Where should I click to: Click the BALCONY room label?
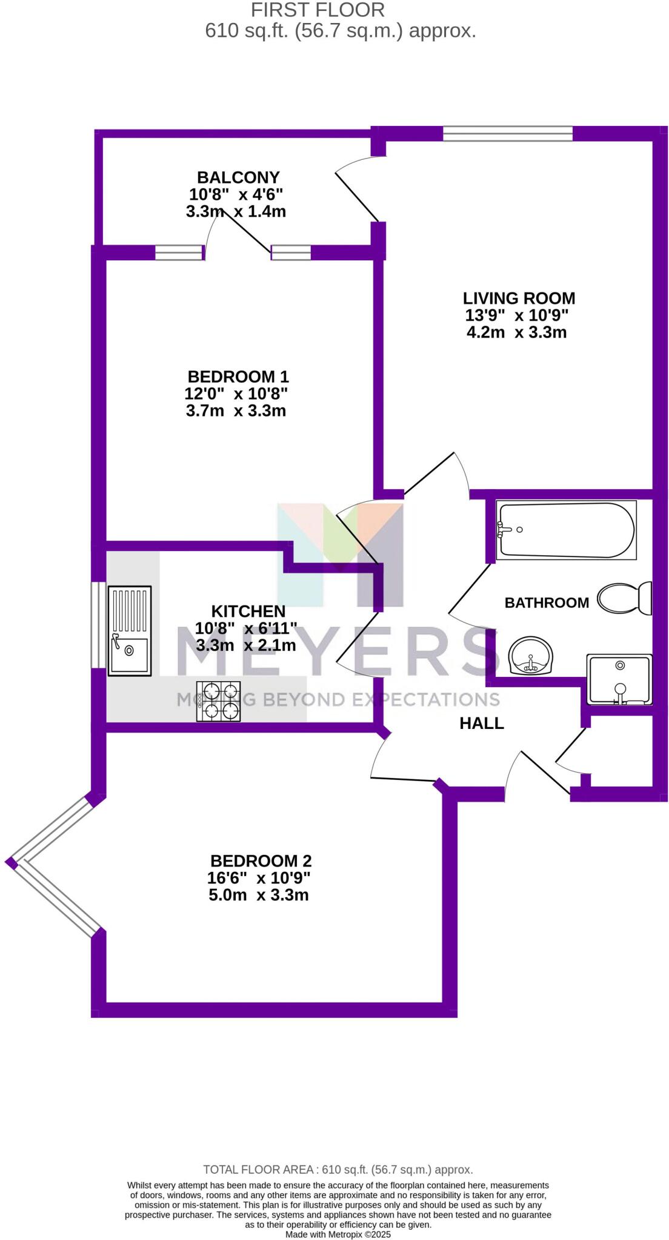tap(238, 177)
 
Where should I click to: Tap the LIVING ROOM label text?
tap(519, 298)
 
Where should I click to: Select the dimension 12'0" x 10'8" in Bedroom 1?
tap(236, 394)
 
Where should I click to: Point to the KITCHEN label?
tap(248, 611)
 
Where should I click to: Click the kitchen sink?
tap(130, 630)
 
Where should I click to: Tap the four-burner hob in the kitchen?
tap(218, 701)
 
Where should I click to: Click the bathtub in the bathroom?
tap(566, 529)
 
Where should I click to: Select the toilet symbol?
tap(624, 598)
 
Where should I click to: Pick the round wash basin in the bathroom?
tap(531, 656)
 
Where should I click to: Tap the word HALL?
tap(482, 723)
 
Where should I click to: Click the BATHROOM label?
tap(547, 602)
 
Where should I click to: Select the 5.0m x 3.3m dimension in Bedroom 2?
tap(259, 895)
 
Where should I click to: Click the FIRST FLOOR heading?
tap(318, 10)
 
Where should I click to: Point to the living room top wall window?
tap(507, 133)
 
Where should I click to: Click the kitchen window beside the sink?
tap(96, 624)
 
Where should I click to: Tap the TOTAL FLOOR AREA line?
tap(338, 1170)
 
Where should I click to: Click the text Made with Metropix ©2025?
tap(338, 1234)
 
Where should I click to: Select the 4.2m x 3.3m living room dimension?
tap(516, 332)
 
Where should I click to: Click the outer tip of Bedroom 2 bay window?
tap(11, 863)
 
